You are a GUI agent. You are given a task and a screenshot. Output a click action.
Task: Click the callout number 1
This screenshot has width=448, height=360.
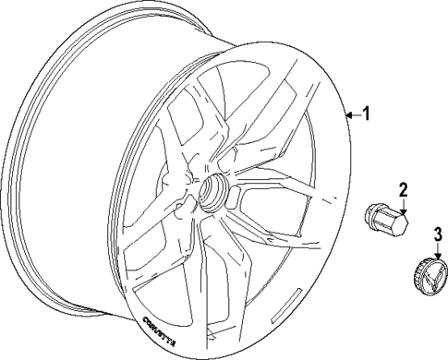point(368,114)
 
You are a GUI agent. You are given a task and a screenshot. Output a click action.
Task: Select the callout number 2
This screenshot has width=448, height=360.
point(404,190)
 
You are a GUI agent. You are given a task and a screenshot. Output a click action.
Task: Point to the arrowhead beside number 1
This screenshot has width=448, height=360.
point(348,115)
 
